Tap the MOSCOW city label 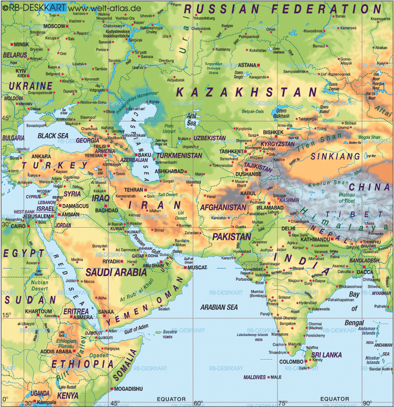53,26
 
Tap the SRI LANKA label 325,355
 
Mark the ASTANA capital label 247,65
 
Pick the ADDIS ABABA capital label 59,351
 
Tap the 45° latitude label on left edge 6,118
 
